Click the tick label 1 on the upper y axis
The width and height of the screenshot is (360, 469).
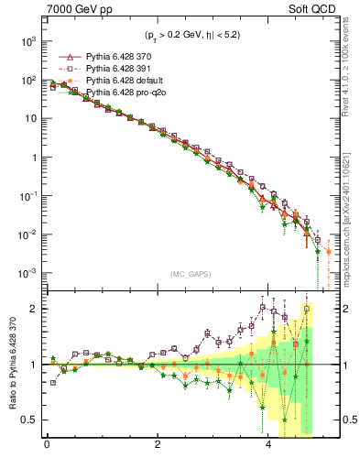point(32,158)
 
